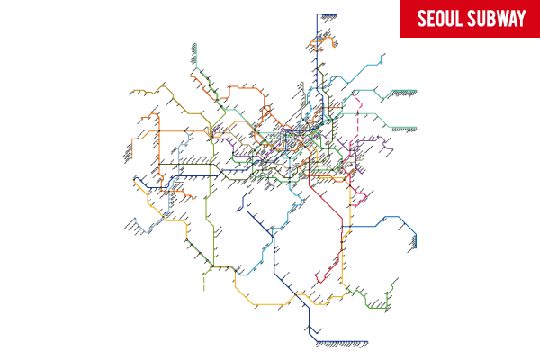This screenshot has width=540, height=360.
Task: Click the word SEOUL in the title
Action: pyautogui.click(x=437, y=19)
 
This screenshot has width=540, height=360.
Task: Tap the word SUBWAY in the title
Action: pyautogui.click(x=496, y=19)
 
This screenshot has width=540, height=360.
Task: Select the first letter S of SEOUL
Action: pyautogui.click(x=420, y=19)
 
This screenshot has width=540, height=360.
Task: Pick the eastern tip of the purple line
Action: pyautogui.click(x=394, y=142)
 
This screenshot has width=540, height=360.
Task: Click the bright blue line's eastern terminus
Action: pyautogui.click(x=418, y=241)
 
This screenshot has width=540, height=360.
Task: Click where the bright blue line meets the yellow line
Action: pyautogui.click(x=346, y=227)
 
